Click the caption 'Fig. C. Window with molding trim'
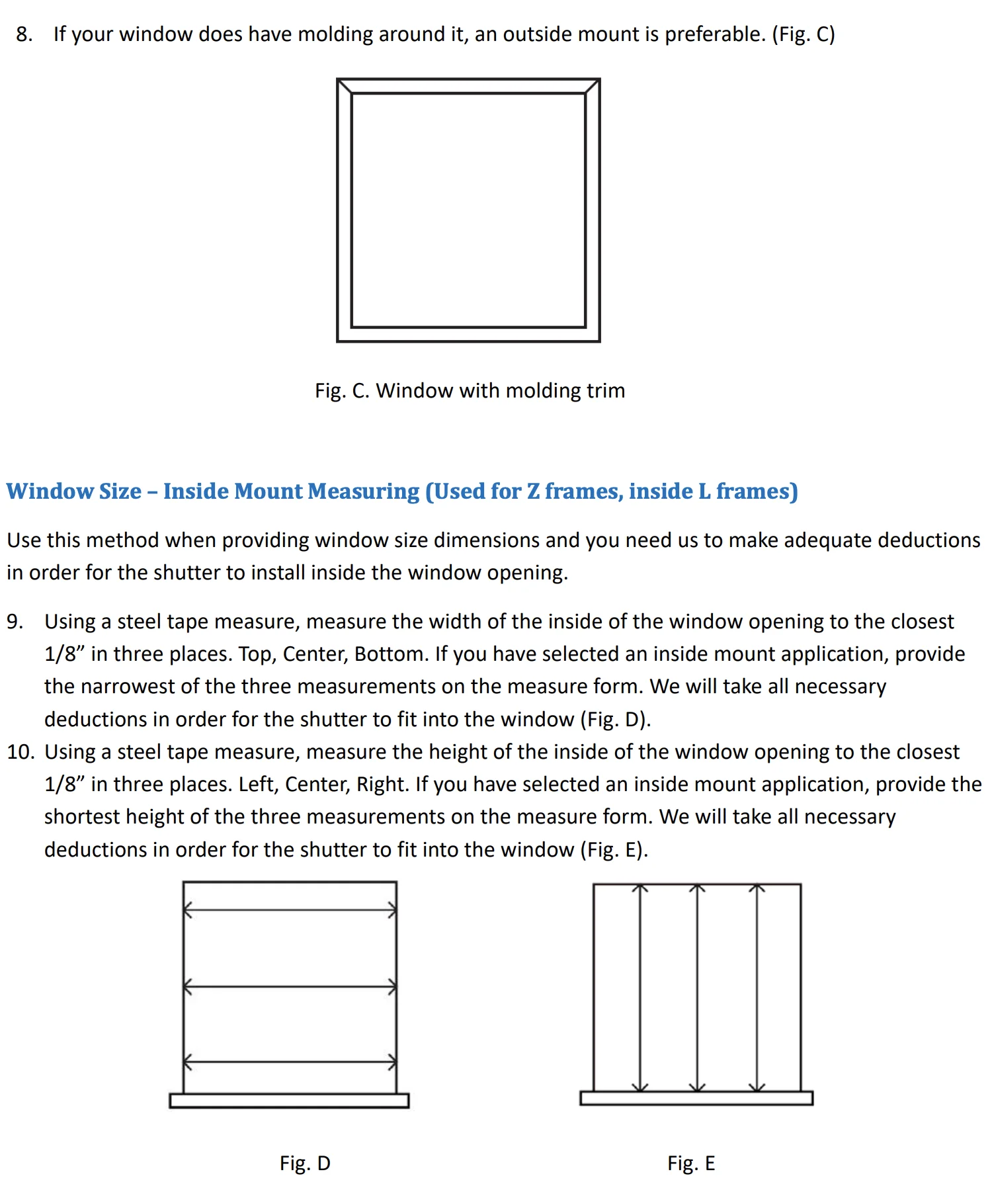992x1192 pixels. coord(470,390)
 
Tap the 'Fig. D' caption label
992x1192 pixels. coord(305,1162)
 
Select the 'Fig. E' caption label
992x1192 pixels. coord(691,1162)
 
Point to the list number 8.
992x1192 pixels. coord(24,34)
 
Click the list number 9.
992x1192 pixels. coord(15,622)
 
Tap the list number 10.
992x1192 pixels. coord(20,752)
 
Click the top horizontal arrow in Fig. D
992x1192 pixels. coord(290,910)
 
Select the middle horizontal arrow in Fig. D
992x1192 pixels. coord(290,987)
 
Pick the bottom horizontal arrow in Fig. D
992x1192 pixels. coord(290,1062)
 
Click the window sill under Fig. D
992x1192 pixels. coord(289,1101)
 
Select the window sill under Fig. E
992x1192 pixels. coord(696,1098)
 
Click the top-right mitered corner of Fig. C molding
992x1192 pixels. coord(593,87)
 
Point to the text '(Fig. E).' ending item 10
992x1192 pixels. coord(614,849)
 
